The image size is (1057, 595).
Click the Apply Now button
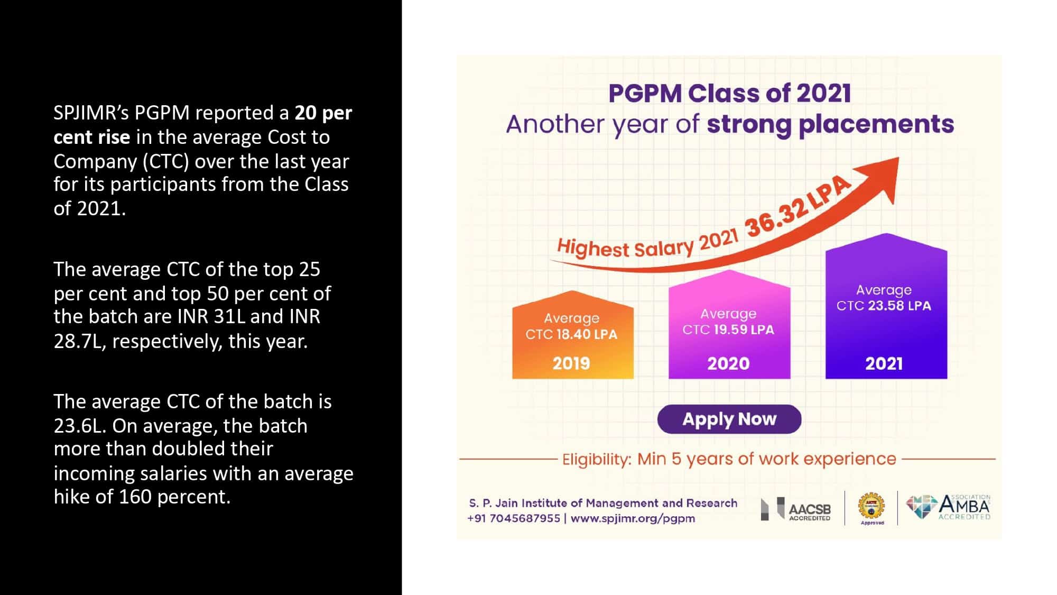(x=729, y=419)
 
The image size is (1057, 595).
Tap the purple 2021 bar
(x=886, y=306)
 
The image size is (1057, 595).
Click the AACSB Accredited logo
(x=796, y=509)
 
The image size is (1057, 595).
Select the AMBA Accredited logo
(x=948, y=507)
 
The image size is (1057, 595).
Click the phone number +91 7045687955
(x=514, y=518)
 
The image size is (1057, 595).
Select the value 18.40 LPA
(x=587, y=334)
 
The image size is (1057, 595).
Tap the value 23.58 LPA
(x=900, y=306)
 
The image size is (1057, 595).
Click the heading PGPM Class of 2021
(x=729, y=93)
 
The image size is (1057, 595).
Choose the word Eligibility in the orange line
(x=596, y=459)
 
